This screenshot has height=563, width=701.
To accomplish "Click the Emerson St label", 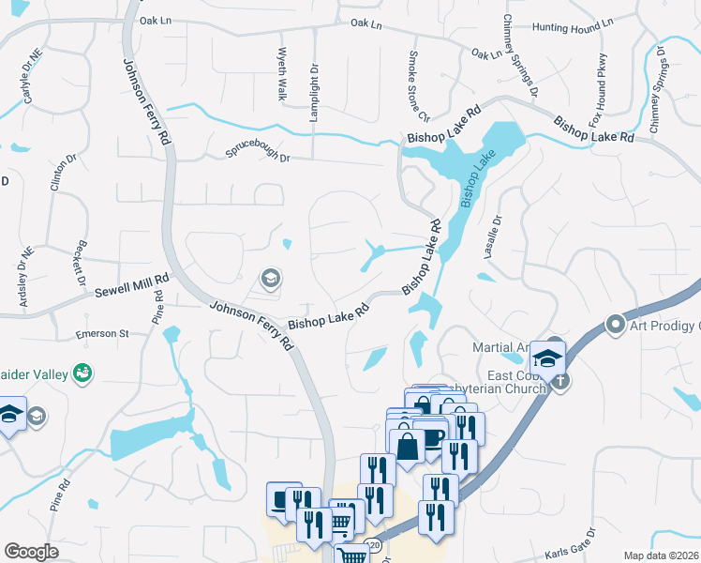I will coord(103,333).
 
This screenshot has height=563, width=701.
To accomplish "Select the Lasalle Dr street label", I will coord(498,230).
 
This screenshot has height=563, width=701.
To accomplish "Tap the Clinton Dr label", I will coord(56,173).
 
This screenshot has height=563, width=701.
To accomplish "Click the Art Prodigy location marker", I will coord(616,326).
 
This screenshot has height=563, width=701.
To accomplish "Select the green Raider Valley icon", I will coord(82,373).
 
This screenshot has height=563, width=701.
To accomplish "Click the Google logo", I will coord(32,552).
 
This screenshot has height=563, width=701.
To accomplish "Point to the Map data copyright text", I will coord(662,555).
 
